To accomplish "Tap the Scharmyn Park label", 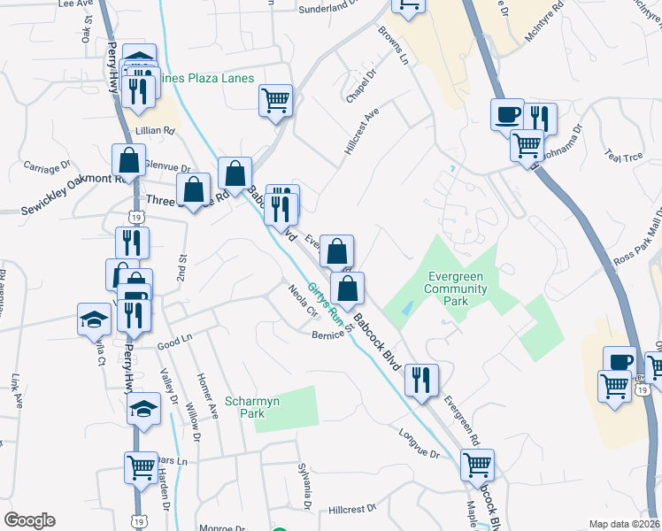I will (252, 407).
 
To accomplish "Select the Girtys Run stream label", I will (324, 301).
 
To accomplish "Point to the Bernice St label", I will (334, 331).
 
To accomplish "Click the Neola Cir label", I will (300, 302).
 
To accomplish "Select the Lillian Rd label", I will (156, 131).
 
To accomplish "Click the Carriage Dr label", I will (47, 165).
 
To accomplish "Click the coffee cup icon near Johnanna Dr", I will (507, 115).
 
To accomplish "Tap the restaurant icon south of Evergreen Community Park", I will (421, 381).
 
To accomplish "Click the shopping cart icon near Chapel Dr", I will (275, 100).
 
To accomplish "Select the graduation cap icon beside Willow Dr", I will (143, 408).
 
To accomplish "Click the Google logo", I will (29, 519).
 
